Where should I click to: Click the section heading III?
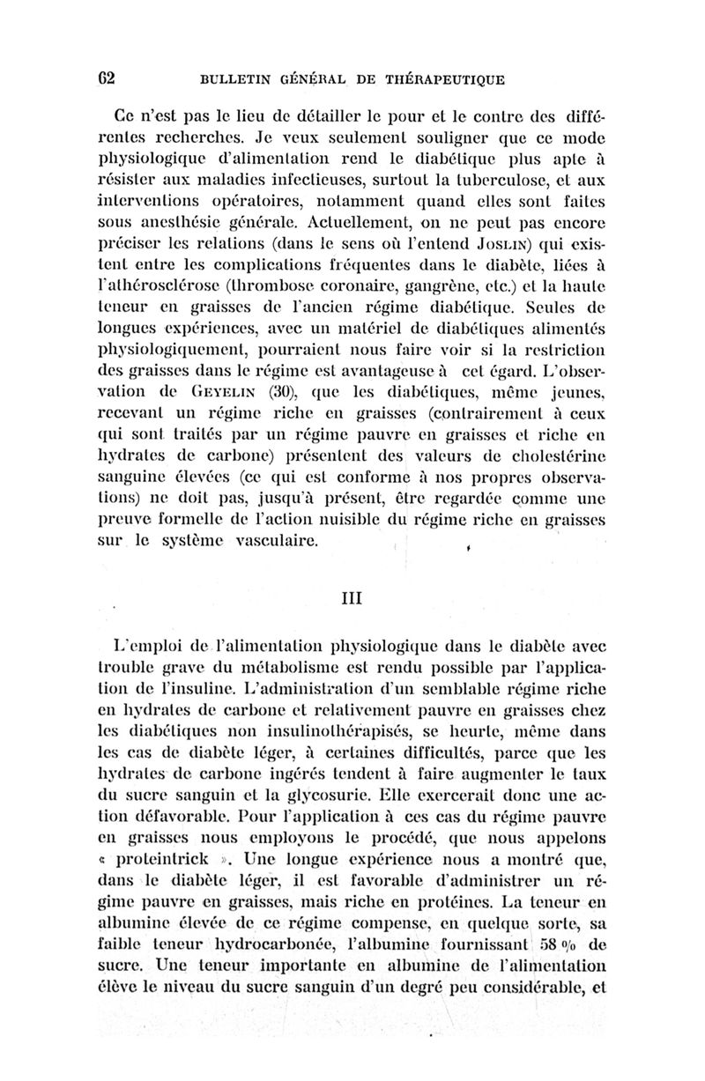[x=352, y=596]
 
